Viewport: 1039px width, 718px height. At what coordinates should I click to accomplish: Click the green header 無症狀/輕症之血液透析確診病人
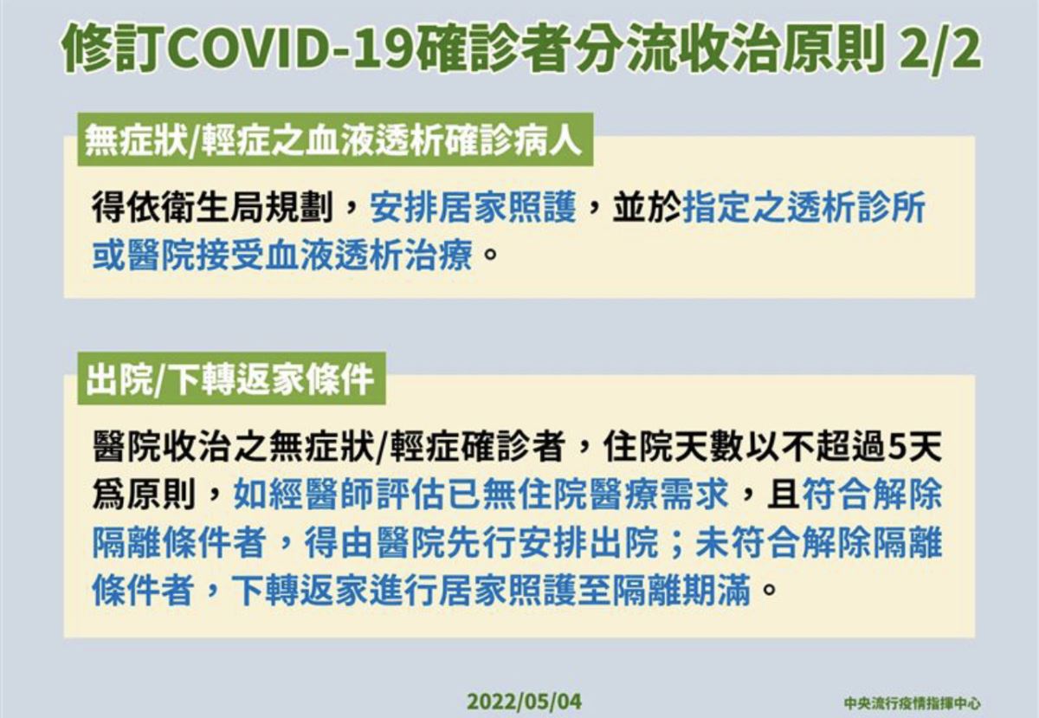334,139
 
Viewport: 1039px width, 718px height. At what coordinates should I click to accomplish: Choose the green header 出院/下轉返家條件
230,378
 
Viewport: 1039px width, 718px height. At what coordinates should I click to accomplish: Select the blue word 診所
891,207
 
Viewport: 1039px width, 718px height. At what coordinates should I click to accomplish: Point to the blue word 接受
231,255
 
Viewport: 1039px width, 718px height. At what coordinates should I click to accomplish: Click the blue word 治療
439,255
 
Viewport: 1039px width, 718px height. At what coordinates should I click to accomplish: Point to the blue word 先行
482,542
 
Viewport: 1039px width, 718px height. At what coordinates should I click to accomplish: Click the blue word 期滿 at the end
716,591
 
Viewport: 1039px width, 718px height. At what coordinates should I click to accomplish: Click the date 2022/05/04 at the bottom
524,701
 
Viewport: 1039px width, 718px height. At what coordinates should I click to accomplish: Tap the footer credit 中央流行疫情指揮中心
913,702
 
